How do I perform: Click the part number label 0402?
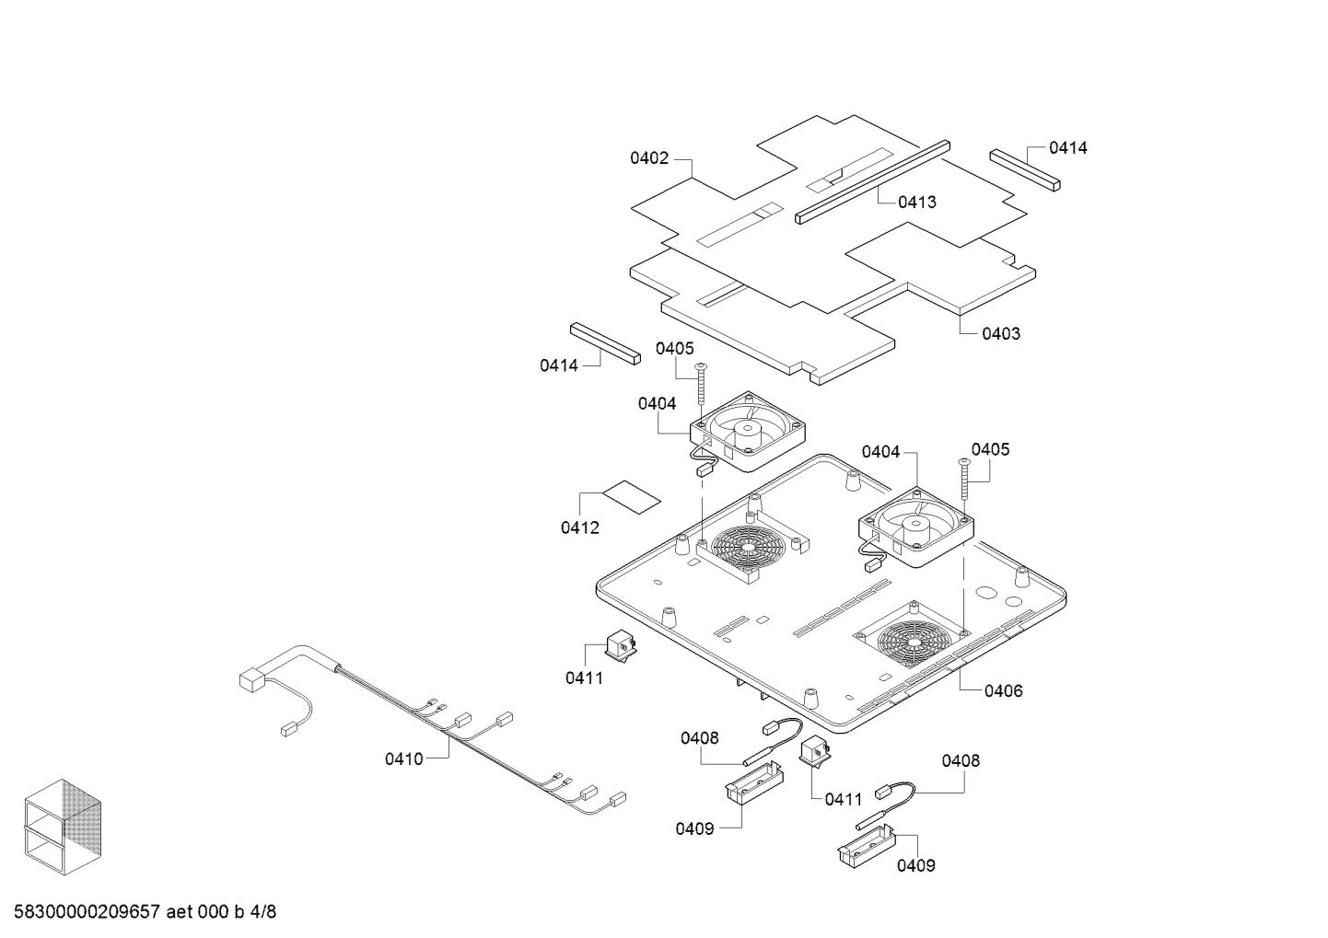tap(649, 158)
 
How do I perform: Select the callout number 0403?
tap(1001, 333)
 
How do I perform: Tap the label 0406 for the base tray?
tap(1004, 691)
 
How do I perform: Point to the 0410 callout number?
tap(404, 759)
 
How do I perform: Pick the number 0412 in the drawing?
tap(580, 527)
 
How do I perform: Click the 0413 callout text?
tap(917, 203)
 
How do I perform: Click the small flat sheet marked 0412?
tap(632, 497)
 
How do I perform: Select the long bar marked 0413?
tap(872, 182)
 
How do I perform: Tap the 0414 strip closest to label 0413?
tap(1025, 170)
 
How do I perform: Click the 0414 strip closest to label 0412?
tap(605, 343)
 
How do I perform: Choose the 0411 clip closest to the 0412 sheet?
tap(620, 645)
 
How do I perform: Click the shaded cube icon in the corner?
tap(63, 827)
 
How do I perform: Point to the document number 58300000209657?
tap(87, 911)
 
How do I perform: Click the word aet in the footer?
tap(179, 912)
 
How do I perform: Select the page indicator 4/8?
tap(262, 911)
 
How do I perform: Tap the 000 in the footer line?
tap(213, 911)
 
